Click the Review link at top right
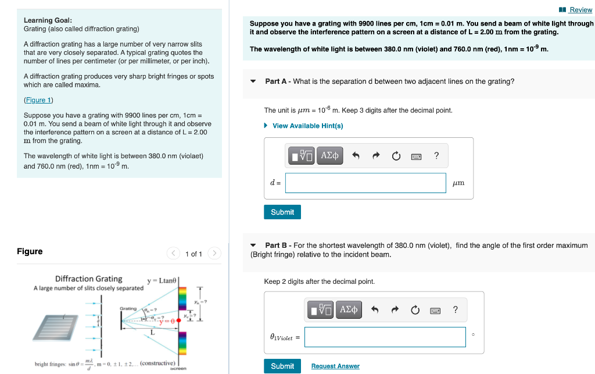pos(580,10)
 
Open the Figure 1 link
pos(38,100)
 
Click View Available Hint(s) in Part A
pos(307,126)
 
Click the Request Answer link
pos(335,366)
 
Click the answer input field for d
pos(365,183)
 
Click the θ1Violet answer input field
pos(385,337)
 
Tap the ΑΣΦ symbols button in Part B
pos(348,309)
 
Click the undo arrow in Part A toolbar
pos(356,156)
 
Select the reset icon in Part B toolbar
pos(415,310)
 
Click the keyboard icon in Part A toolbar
pos(416,156)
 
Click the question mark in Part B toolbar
pos(456,309)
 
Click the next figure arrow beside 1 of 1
pos(214,254)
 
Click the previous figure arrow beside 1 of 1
pos(173,254)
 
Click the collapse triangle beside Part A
pos(253,81)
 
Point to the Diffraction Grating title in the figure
pos(88,279)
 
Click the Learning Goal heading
pos(48,20)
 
